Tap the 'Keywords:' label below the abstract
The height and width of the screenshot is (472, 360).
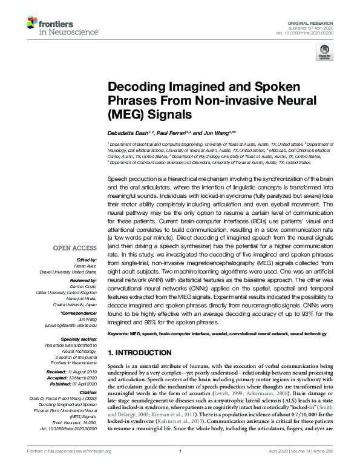point(119,333)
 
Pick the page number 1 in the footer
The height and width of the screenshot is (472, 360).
point(180,467)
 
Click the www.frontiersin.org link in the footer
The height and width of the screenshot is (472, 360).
point(93,467)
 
